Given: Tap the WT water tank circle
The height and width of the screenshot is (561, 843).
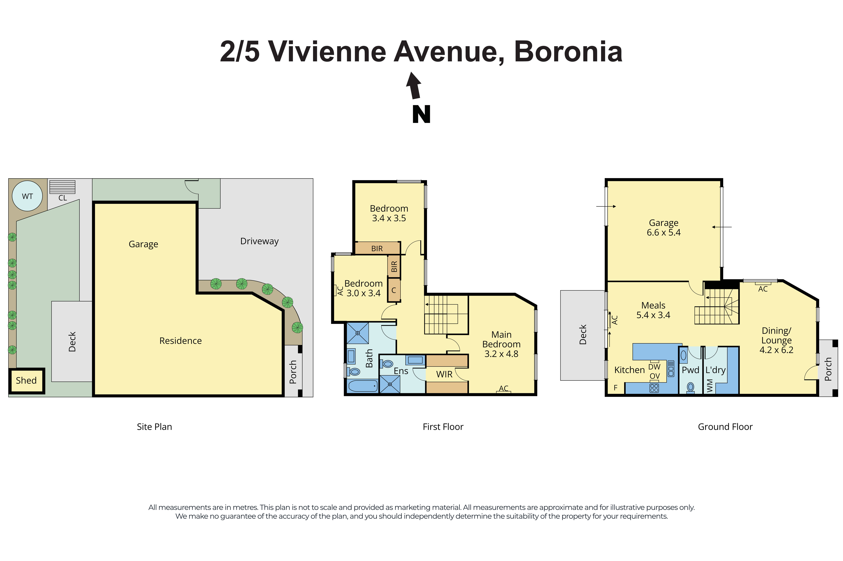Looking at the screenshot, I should [x=27, y=196].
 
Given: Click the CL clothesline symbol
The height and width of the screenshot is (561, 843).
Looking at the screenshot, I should [x=62, y=187].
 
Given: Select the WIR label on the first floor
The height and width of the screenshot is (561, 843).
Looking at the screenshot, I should [x=444, y=374].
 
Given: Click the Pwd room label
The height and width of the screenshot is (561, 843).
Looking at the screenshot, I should [x=690, y=370].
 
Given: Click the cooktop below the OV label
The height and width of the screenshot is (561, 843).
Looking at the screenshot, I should [x=654, y=388].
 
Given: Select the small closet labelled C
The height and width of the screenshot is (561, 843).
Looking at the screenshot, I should [x=394, y=290].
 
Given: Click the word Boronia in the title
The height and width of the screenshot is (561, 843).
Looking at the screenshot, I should [x=568, y=52].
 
